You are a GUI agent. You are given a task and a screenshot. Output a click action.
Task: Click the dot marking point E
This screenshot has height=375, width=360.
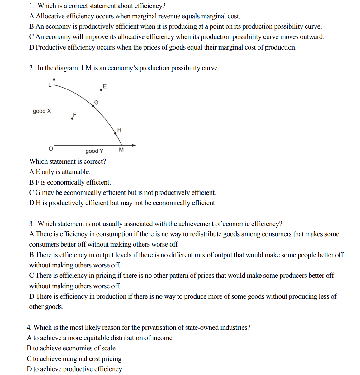[x=101, y=90]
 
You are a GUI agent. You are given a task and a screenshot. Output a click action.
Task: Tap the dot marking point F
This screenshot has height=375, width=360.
[x=72, y=118]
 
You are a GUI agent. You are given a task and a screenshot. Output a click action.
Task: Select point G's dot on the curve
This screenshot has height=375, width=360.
[x=92, y=106]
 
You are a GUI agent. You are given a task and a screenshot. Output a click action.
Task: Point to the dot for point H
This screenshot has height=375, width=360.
[x=115, y=133]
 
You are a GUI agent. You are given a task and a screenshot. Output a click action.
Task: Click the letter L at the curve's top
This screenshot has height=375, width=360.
[x=49, y=84]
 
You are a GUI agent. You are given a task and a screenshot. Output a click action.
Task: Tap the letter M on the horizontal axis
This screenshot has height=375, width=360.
[x=121, y=150]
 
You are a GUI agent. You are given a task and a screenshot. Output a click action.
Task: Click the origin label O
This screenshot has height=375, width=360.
[x=50, y=149]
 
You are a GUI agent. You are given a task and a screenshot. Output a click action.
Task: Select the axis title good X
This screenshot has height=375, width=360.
[x=42, y=111]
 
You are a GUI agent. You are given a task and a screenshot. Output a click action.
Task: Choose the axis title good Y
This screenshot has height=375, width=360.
[x=94, y=151]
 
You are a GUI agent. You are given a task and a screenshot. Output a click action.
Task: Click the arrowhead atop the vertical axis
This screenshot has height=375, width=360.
[x=54, y=78]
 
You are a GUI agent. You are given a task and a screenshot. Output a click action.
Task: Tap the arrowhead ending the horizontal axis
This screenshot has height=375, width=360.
[x=134, y=145]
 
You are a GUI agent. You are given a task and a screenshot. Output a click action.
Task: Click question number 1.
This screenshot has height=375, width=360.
[x=31, y=6]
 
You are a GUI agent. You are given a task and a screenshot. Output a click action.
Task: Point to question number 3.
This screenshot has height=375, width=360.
[x=31, y=224]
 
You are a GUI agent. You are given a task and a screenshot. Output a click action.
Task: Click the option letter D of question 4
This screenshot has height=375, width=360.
[x=29, y=369]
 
